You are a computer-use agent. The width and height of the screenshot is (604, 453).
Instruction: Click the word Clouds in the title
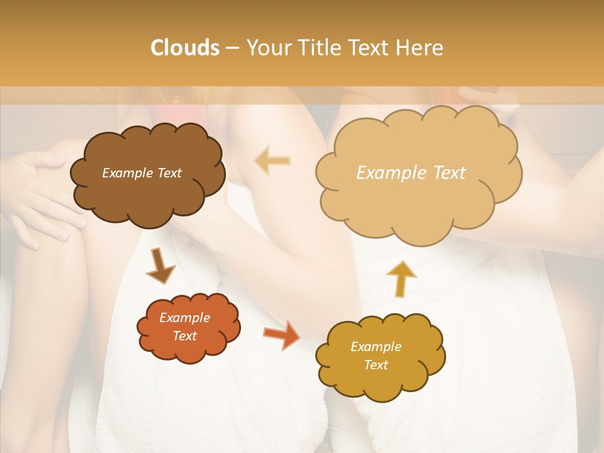point(185,48)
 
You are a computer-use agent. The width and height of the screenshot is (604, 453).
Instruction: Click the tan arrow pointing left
point(272,161)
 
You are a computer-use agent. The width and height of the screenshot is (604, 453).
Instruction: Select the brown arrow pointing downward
point(161,266)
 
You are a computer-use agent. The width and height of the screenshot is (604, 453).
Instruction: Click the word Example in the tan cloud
point(386,173)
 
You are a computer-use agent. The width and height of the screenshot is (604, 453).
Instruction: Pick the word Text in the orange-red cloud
point(185,336)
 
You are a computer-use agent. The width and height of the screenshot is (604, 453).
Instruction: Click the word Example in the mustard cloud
point(376,347)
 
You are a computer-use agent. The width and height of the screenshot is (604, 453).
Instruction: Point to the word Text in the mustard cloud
point(376,365)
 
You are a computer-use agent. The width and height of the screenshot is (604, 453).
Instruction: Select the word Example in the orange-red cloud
point(185,318)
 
